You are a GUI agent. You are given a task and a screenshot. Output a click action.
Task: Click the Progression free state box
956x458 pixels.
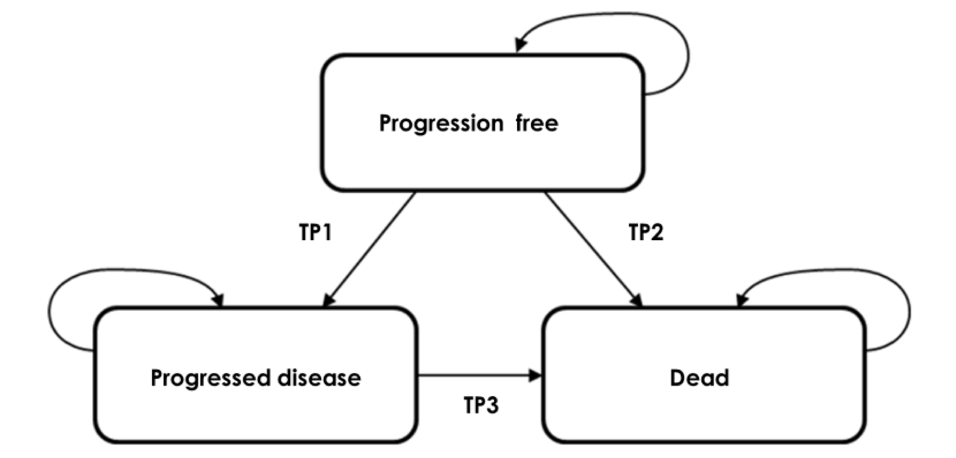(482, 156)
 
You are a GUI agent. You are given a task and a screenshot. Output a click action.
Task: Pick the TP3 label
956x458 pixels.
(481, 405)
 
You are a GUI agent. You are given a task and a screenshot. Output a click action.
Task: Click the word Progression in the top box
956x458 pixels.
(441, 123)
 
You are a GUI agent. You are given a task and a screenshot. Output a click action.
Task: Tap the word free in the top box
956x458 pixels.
(537, 123)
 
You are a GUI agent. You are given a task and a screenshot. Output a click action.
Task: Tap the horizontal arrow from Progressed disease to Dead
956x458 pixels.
(475, 376)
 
